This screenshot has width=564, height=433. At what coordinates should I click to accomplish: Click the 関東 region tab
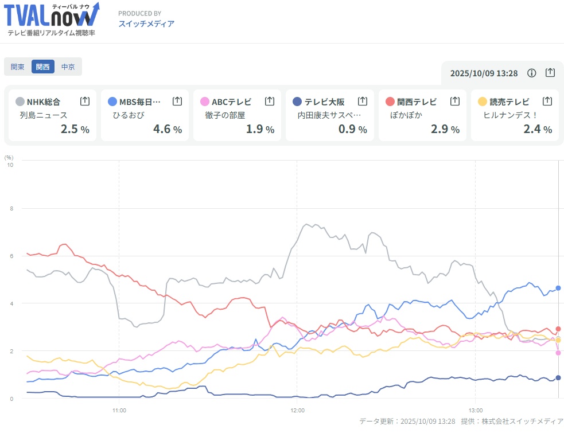click(18, 67)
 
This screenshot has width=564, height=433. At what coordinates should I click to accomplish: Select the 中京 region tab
click(68, 67)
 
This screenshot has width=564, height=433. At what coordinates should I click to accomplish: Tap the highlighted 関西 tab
click(43, 67)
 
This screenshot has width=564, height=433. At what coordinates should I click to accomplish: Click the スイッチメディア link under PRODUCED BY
click(146, 24)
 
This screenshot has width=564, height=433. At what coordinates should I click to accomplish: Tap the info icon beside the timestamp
click(532, 73)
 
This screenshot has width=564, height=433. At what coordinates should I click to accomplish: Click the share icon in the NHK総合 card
click(85, 102)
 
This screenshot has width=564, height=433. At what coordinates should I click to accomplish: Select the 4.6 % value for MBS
click(167, 129)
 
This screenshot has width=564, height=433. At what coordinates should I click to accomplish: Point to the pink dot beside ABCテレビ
click(204, 102)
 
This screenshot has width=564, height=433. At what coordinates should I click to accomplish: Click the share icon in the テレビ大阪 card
click(363, 102)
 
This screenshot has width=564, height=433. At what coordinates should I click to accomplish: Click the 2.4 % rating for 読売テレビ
click(538, 129)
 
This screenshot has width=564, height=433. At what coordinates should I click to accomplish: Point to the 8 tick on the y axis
click(9, 209)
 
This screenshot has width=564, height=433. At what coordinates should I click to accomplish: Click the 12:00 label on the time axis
click(297, 411)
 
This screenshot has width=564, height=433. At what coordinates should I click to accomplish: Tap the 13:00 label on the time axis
click(476, 411)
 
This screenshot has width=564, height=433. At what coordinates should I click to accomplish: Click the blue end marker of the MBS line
click(558, 288)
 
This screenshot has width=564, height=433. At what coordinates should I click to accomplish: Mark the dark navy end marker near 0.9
click(558, 377)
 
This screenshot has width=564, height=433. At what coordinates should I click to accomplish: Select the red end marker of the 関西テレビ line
click(558, 329)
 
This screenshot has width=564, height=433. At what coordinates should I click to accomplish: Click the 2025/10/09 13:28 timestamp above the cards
click(484, 73)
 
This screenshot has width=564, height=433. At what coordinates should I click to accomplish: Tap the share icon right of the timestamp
click(550, 73)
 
